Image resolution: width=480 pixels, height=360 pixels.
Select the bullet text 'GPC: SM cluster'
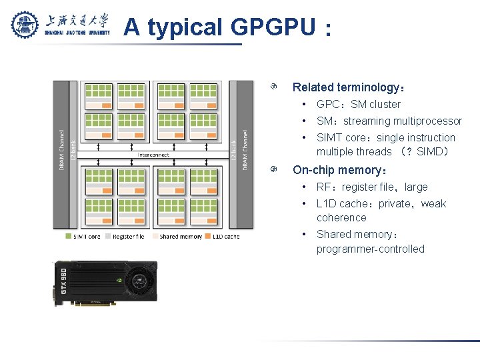point(358,104)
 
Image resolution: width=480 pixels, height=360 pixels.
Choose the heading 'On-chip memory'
point(336,170)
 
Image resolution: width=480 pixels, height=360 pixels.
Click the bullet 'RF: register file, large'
point(372,187)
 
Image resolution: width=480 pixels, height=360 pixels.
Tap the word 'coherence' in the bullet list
point(341,218)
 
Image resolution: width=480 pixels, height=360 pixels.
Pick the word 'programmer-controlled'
point(370,249)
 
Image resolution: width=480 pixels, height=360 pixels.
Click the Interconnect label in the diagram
point(153,155)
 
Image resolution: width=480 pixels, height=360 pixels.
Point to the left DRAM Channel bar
point(61,150)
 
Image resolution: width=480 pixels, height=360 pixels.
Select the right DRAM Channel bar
point(245,150)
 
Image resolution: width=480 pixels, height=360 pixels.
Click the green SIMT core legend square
point(69,236)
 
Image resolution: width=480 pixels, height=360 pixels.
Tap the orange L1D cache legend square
point(207,236)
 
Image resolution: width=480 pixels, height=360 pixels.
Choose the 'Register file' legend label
point(128,236)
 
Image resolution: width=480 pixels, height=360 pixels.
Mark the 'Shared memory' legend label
point(180,236)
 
